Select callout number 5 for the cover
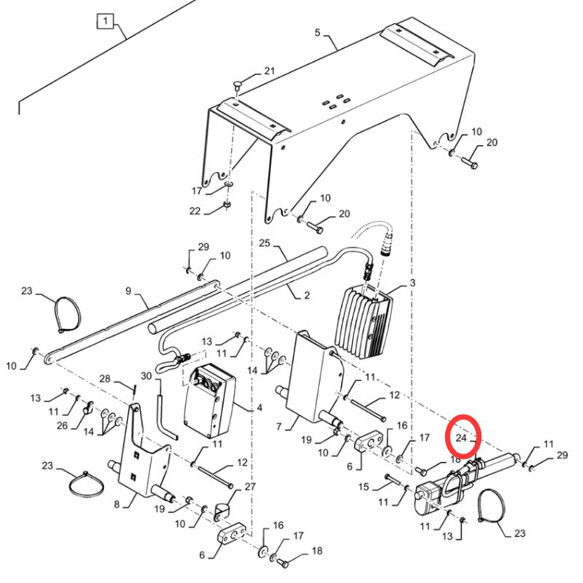pyautogui.click(x=317, y=32)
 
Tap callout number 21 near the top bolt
pyautogui.click(x=270, y=71)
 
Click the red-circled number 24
pyautogui.click(x=461, y=438)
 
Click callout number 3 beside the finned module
pyautogui.click(x=412, y=283)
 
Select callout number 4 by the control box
pyautogui.click(x=259, y=407)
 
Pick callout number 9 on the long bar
pyautogui.click(x=128, y=291)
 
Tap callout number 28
pyautogui.click(x=104, y=378)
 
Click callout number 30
pyautogui.click(x=146, y=376)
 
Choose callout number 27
pyautogui.click(x=250, y=487)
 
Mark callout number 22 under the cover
pyautogui.click(x=195, y=211)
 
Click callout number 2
pyautogui.click(x=307, y=295)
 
